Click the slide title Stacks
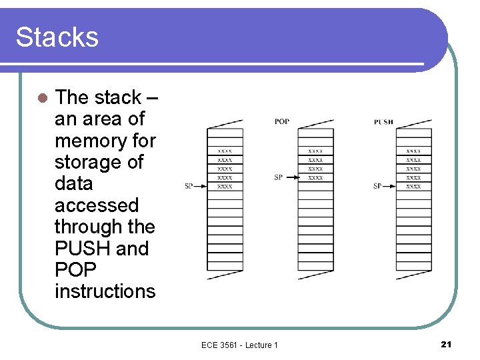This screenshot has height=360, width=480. [57, 37]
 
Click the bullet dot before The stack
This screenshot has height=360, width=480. [41, 98]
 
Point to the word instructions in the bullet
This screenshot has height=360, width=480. [105, 291]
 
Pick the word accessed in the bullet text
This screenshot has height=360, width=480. [97, 205]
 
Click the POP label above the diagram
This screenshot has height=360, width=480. [281, 122]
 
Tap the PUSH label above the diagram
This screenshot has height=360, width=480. [383, 122]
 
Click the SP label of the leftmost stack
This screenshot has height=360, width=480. [189, 186]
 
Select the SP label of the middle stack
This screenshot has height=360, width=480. [278, 177]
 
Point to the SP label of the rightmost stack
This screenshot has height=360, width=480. [377, 186]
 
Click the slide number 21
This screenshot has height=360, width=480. [446, 344]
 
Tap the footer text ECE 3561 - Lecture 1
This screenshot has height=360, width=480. [239, 345]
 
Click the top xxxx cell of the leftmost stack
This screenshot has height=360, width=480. [225, 151]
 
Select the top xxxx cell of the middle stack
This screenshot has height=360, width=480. [315, 151]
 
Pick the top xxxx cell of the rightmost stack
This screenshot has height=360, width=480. [413, 151]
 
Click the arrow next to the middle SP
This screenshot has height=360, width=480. [291, 177]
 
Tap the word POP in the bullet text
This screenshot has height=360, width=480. [75, 270]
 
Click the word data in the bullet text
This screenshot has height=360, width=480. [73, 184]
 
